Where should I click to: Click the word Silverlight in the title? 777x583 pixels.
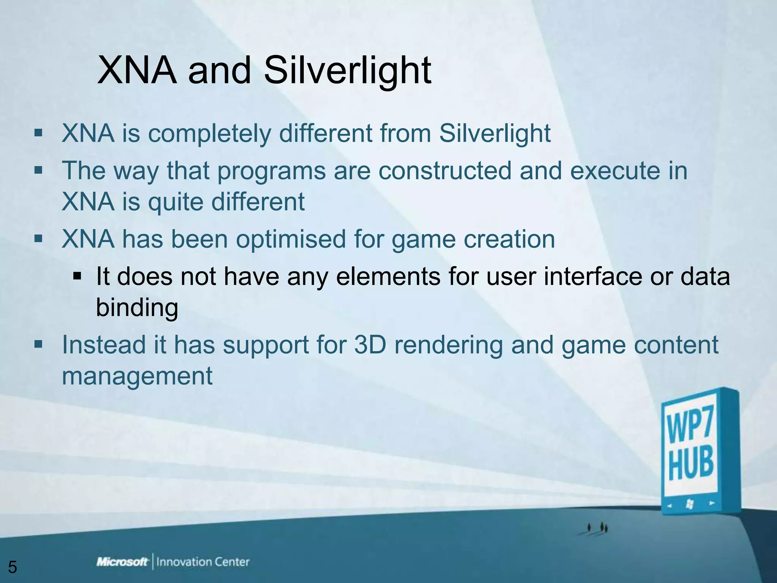[348, 71]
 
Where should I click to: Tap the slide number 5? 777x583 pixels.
[13, 567]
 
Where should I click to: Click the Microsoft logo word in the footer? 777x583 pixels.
[122, 562]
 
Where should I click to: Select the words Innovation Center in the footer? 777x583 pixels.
[203, 562]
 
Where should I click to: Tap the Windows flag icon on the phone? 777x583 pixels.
[689, 504]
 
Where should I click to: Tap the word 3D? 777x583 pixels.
[370, 345]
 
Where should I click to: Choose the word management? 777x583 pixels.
[137, 376]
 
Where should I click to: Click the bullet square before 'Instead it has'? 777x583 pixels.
[38, 344]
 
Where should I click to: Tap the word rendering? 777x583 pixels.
[448, 345]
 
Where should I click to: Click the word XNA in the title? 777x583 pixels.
[137, 71]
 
